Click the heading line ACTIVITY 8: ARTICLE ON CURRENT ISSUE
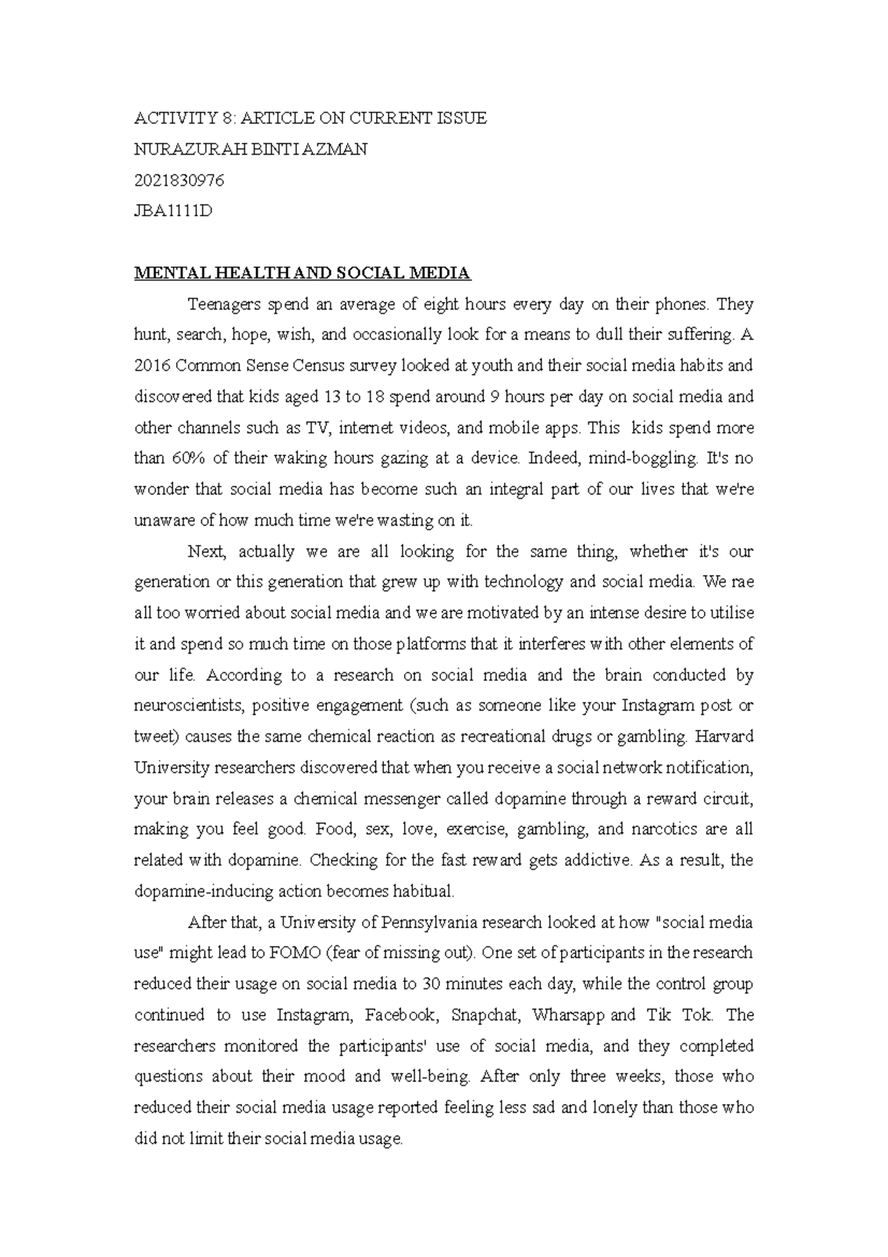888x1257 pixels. click(x=310, y=118)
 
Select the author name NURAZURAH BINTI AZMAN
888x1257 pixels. click(x=250, y=150)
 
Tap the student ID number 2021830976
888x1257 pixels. click(x=179, y=181)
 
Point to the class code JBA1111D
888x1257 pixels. click(x=173, y=212)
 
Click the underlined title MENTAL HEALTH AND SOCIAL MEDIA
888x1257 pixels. click(x=302, y=273)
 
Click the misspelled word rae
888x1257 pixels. click(x=742, y=582)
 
